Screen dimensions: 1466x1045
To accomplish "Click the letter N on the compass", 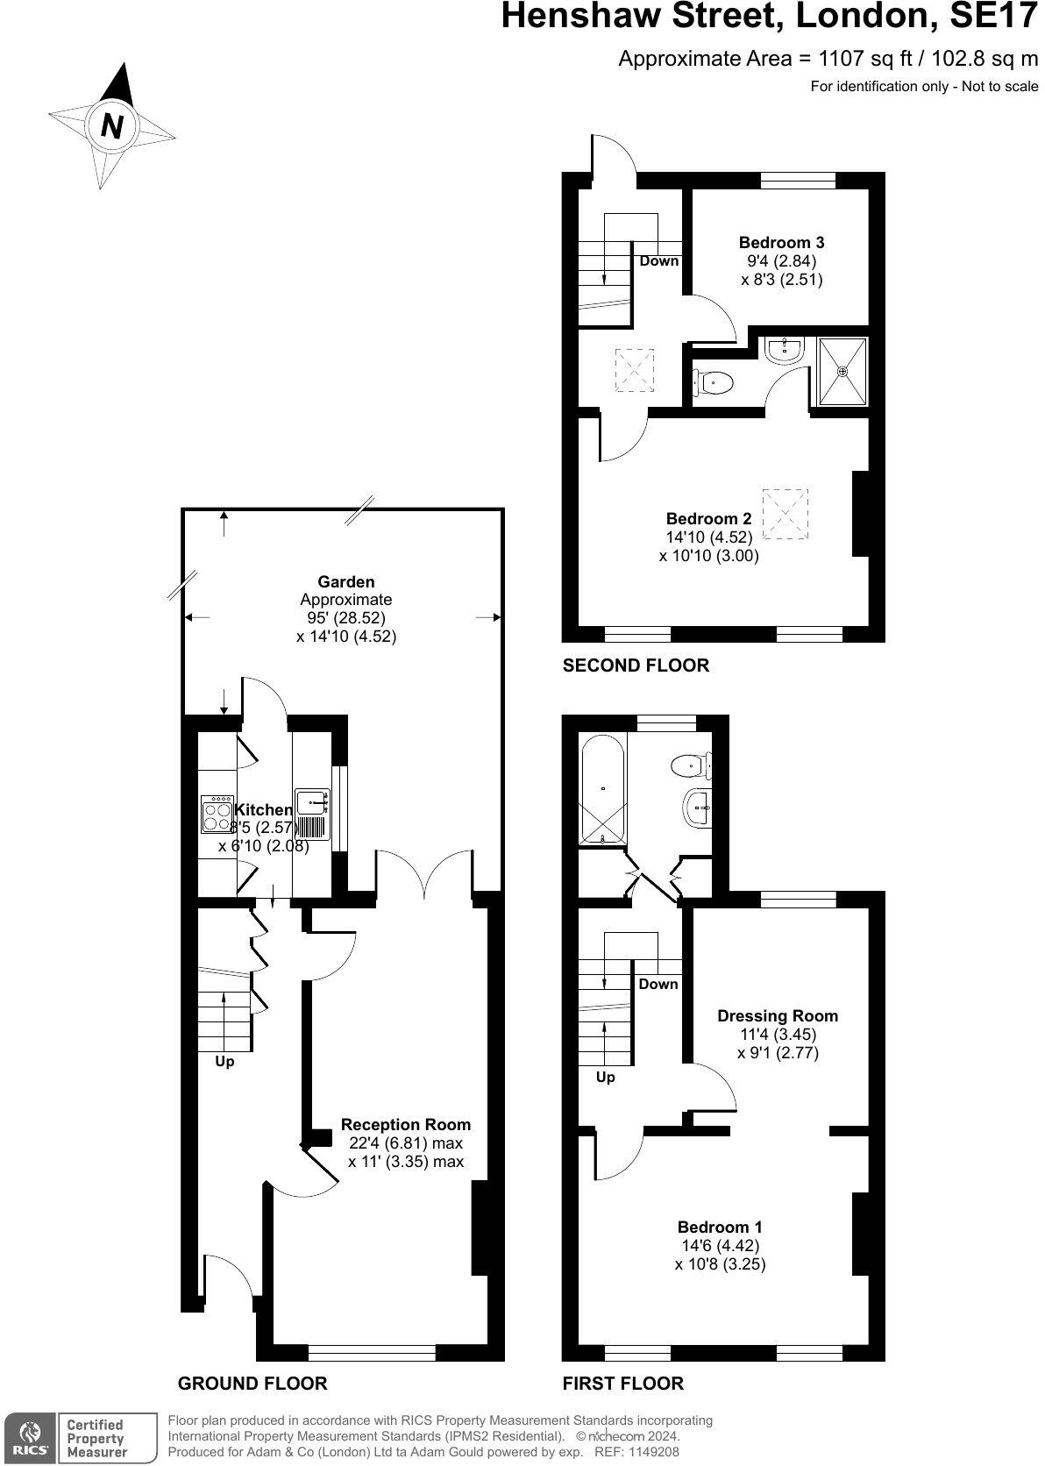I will tap(112, 125).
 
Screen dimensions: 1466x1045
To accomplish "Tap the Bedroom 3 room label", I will tap(781, 243).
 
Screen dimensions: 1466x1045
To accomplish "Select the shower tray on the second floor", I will tap(842, 371).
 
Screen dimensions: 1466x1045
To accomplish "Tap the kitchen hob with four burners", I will tap(216, 815).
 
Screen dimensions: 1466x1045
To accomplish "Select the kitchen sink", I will tap(312, 801).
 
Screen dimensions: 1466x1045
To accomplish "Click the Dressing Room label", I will tap(778, 1016).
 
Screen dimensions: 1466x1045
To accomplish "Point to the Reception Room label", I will tap(406, 1125).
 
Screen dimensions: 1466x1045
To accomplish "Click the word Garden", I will tap(345, 581).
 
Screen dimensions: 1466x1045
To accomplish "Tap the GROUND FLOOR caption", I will tap(252, 1384).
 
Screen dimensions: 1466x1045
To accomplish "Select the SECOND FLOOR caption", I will tap(636, 665).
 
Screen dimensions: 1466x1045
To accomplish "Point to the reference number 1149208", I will tap(649, 1452).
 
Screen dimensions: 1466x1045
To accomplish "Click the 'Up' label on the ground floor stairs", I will tap(224, 1062).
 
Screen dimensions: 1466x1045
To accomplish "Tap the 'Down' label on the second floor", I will tap(658, 260).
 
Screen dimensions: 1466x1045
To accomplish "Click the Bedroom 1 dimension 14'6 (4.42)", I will tap(720, 1246).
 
